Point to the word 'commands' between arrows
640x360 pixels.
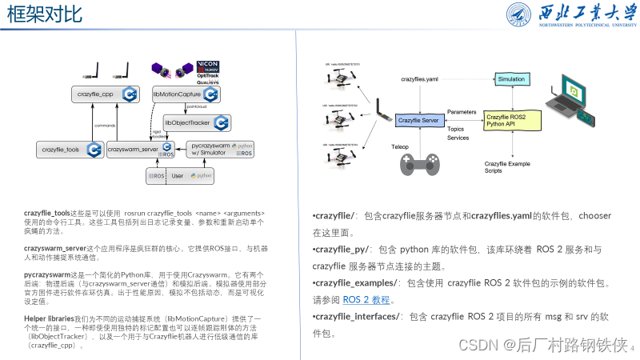pos(105,126)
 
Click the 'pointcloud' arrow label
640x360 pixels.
pos(197,106)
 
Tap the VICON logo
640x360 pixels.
pos(208,64)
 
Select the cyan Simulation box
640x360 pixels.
pos(511,80)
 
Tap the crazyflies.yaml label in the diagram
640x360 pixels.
pos(419,80)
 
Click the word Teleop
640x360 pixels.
pos(400,147)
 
